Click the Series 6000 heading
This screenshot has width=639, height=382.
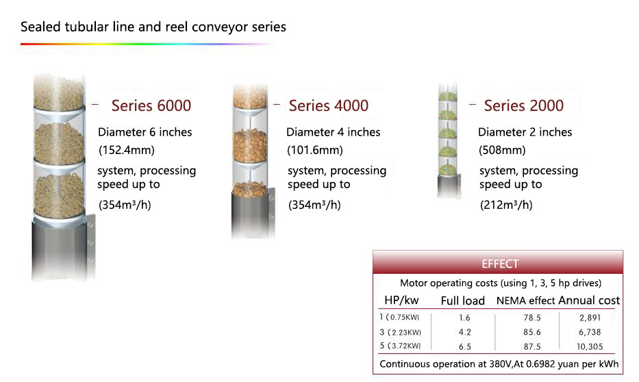click(x=151, y=106)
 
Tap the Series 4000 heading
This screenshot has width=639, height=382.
click(x=329, y=106)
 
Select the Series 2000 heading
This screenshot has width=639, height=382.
click(x=524, y=106)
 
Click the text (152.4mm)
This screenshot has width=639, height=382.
click(x=127, y=151)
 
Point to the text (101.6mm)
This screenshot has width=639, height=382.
click(x=315, y=151)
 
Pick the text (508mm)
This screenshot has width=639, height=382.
click(x=502, y=151)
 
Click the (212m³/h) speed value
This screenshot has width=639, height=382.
click(x=506, y=205)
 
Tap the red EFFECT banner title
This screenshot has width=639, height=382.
click(x=500, y=264)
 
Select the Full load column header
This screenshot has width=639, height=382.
click(x=462, y=301)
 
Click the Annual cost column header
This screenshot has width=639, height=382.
click(x=589, y=301)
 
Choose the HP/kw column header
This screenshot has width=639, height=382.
click(x=401, y=301)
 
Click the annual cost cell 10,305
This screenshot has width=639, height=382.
click(x=590, y=346)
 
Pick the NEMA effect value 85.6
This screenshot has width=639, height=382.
click(x=532, y=332)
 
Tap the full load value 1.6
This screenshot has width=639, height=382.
click(x=464, y=318)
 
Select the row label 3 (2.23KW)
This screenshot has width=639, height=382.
click(x=400, y=332)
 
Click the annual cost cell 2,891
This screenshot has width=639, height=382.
click(x=590, y=318)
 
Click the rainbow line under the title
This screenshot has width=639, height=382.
click(x=147, y=44)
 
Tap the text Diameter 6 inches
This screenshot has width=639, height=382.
click(x=145, y=132)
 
